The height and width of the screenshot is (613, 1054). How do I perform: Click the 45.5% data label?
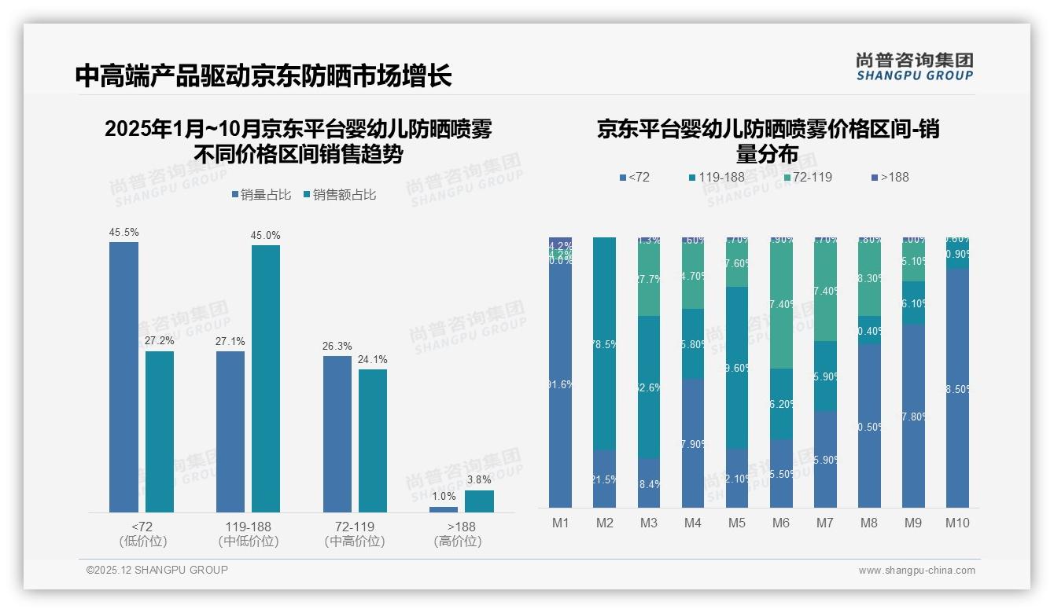(123, 233)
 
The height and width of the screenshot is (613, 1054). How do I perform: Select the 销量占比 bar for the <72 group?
(123, 377)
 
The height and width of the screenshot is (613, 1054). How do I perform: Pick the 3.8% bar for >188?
(479, 501)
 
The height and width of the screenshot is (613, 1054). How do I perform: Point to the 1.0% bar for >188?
(444, 509)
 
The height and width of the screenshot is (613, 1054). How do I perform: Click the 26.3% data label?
(337, 347)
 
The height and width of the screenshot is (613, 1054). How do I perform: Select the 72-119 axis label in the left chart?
(355, 527)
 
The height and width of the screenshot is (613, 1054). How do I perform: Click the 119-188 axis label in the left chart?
(249, 527)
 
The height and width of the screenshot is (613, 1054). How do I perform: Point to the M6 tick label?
(781, 523)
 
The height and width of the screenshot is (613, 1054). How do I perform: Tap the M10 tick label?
(957, 523)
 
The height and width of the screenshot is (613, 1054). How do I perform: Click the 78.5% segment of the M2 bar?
(604, 343)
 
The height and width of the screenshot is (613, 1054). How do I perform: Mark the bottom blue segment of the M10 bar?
(957, 388)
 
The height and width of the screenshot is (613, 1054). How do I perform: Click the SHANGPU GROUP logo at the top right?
(915, 67)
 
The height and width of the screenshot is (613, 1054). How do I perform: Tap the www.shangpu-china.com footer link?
(916, 571)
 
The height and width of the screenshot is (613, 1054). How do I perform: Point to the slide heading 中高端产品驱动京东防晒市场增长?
(263, 75)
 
